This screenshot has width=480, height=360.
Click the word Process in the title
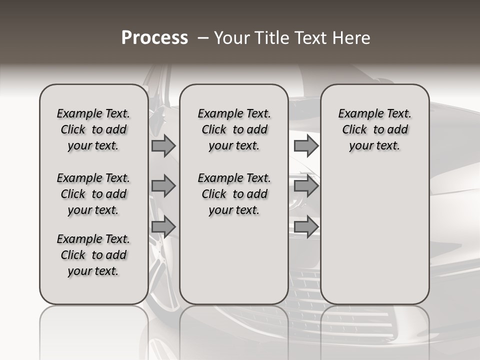tap(154, 38)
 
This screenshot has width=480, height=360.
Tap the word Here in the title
tap(350, 38)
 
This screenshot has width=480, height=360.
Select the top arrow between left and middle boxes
tap(163, 145)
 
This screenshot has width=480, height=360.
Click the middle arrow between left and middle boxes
tap(163, 186)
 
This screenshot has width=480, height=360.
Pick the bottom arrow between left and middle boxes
tap(163, 226)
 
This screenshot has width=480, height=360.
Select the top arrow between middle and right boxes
tap(305, 145)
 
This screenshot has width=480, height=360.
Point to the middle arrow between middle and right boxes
tap(305, 186)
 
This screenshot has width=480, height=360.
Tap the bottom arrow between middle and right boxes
tap(305, 226)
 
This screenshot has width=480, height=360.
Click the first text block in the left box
tap(93, 129)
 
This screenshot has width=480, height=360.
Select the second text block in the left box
tap(93, 194)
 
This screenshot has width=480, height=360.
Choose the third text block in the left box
tap(93, 255)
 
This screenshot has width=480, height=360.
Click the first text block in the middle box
tap(234, 129)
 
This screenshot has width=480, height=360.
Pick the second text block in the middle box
tap(234, 194)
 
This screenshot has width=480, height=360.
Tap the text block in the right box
tap(375, 129)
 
